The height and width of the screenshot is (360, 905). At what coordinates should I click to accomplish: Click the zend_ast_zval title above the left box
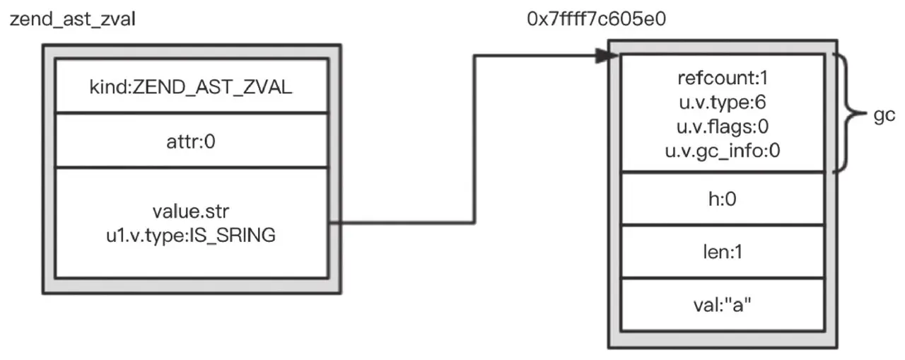72,19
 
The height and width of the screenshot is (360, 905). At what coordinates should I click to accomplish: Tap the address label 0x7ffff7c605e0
596,19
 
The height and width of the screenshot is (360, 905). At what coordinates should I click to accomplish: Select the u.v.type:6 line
722,103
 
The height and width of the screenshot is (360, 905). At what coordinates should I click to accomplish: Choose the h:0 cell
722,200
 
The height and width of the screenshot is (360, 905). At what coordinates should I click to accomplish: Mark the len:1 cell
722,251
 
